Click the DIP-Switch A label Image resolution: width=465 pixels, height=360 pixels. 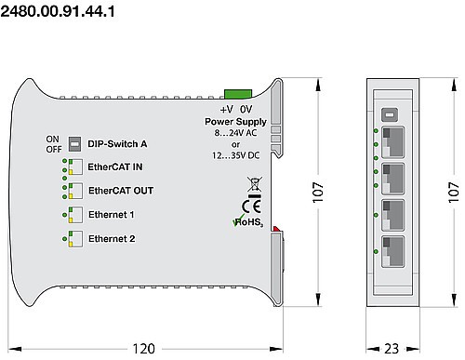tap(117, 144)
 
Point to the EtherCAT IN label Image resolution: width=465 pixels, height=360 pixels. tap(114, 167)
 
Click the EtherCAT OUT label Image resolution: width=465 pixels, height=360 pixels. tap(120, 191)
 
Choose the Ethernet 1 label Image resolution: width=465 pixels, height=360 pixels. tap(111, 215)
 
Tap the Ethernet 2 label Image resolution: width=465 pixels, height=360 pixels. tap(111, 239)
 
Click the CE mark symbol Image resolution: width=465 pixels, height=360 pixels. tap(249, 206)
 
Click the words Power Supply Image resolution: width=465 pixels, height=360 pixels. tap(236, 122)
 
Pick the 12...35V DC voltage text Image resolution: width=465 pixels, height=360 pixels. tap(236, 155)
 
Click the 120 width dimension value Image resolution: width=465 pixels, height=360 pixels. tap(142, 348)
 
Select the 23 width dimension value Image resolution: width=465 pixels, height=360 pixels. tap(391, 348)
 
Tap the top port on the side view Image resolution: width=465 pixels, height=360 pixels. tap(392, 141)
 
